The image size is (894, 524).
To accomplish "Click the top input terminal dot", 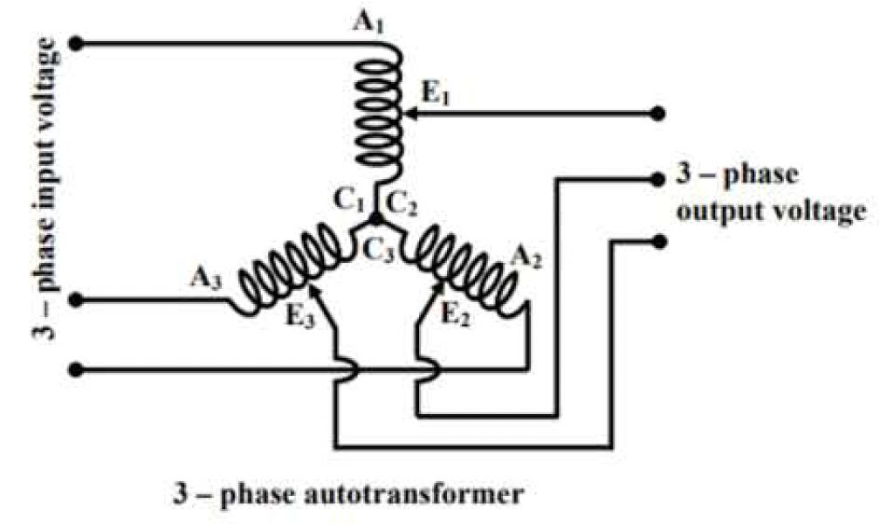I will (x=77, y=42).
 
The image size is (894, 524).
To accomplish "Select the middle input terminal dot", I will (x=77, y=300).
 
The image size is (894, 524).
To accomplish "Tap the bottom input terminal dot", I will (x=77, y=369).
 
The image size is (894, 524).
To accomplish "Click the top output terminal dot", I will (x=660, y=114).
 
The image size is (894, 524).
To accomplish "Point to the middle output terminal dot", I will (x=660, y=178).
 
